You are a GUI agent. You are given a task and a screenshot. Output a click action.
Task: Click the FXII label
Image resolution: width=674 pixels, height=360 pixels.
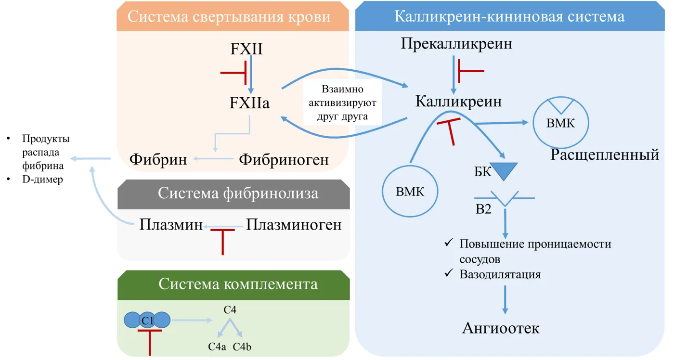(246, 49)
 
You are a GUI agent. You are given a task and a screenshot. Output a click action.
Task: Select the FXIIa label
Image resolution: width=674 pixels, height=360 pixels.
(249, 103)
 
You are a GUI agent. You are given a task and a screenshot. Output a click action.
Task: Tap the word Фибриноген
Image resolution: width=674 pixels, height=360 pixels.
(284, 160)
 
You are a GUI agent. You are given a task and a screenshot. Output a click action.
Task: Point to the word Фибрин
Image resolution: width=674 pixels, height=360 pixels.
(158, 159)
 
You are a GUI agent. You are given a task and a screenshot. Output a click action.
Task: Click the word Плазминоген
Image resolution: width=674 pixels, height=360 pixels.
(294, 225)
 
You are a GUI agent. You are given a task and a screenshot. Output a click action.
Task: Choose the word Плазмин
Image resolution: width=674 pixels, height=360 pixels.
(171, 225)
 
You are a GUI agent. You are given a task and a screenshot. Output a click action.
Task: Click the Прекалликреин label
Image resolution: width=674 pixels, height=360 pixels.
(456, 44)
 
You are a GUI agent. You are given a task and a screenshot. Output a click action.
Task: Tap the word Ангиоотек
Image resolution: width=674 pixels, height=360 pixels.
(501, 328)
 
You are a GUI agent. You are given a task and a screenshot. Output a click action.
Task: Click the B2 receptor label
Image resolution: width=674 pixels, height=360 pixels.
(483, 209)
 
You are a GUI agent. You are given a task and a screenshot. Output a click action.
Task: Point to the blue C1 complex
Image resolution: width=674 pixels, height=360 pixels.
(147, 320)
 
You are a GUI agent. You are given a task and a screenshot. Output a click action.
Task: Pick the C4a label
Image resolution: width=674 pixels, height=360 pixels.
(217, 347)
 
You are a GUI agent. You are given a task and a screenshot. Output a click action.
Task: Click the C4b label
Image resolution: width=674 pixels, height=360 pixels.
(242, 347)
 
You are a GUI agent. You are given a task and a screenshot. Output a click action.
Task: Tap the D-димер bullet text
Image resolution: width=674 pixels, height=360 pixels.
(42, 180)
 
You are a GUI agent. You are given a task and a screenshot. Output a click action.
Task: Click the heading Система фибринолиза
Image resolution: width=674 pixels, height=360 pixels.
(238, 193)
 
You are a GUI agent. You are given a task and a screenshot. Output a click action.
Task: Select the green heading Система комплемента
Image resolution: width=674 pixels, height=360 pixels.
(238, 284)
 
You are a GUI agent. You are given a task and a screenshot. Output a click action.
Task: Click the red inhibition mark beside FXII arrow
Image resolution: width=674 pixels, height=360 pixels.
(234, 73)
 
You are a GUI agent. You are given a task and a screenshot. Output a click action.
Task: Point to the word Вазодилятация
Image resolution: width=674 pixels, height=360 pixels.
(500, 274)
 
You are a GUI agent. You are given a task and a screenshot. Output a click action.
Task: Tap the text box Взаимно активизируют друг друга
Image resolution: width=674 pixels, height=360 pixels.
(342, 103)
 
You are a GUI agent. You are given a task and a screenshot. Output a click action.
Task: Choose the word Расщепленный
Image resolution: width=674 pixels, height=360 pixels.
(605, 155)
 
